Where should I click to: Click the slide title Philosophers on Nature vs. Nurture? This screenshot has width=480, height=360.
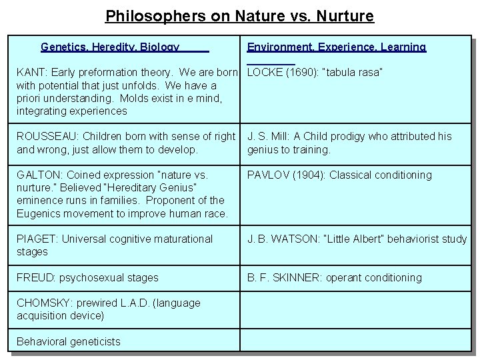click(x=240, y=15)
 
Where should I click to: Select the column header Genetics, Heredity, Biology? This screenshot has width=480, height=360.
click(x=110, y=47)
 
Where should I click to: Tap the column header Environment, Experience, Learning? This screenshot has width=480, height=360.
click(x=336, y=47)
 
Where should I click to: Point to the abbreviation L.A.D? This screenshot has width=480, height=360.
click(x=135, y=303)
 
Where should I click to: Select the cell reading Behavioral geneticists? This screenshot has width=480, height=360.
click(x=69, y=342)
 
